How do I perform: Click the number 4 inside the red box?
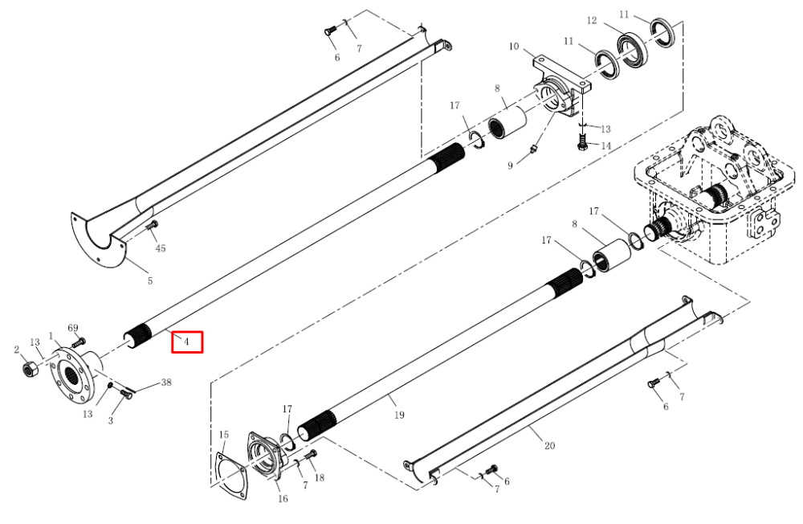click(187, 342)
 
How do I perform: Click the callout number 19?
click(399, 415)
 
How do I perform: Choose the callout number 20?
click(549, 445)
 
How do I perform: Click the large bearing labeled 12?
click(632, 46)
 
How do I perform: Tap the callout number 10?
click(514, 47)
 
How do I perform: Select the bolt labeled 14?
click(581, 141)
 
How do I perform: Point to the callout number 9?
click(510, 166)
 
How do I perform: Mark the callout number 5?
click(150, 280)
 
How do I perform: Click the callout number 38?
click(166, 382)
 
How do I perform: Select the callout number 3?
click(111, 421)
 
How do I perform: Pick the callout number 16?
click(283, 498)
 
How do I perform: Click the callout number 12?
click(592, 21)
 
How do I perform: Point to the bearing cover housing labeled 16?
click(264, 456)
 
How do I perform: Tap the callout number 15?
click(224, 435)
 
